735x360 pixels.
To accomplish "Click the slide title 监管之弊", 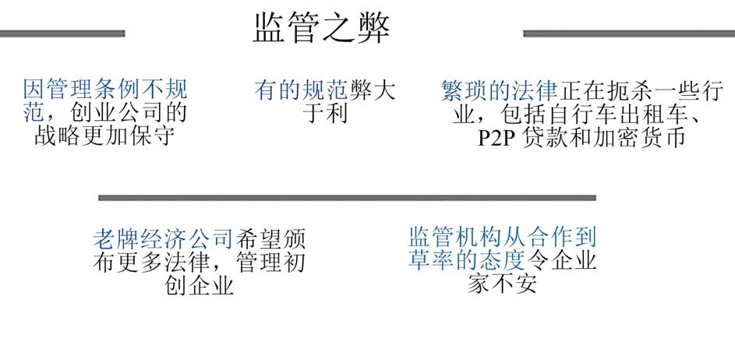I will click(x=321, y=28).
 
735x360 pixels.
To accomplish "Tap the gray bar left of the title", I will click(x=62, y=34).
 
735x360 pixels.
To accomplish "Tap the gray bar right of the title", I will click(x=628, y=34).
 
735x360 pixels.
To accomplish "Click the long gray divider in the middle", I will click(x=347, y=198).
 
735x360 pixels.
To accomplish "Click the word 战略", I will click(x=55, y=137).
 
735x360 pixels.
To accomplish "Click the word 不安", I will click(x=514, y=283).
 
